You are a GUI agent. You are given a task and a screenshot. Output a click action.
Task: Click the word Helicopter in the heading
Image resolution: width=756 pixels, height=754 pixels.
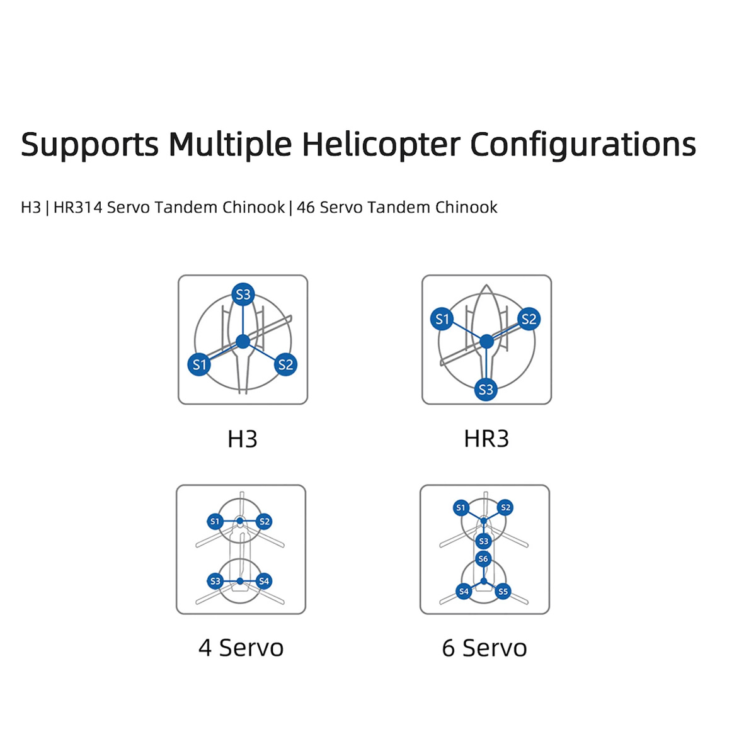click(x=381, y=145)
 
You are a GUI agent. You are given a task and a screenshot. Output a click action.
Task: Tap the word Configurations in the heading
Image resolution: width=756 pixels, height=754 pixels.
click(x=583, y=145)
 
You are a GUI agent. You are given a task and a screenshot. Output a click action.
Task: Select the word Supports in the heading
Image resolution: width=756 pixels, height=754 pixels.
click(x=89, y=145)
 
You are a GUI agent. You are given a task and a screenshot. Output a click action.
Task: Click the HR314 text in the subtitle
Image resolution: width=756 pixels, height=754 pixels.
click(x=77, y=207)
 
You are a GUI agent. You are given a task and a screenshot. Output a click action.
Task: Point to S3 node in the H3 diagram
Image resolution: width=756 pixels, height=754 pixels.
click(x=243, y=294)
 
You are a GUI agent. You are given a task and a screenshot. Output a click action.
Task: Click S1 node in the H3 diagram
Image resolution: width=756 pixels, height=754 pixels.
click(x=199, y=364)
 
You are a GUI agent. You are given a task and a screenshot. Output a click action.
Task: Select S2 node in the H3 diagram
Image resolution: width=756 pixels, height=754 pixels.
click(x=286, y=364)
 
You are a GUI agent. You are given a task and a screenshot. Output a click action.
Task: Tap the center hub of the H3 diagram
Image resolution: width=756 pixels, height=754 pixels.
click(x=243, y=342)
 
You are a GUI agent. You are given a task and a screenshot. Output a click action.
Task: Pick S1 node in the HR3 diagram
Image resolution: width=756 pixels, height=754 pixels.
click(x=442, y=319)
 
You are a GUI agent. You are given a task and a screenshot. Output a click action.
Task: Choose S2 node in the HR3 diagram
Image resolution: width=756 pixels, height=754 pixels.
click(x=529, y=319)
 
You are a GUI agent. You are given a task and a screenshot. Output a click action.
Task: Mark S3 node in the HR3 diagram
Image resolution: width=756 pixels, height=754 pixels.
click(x=486, y=390)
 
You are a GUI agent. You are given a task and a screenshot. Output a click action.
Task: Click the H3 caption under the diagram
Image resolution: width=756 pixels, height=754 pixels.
click(x=243, y=439)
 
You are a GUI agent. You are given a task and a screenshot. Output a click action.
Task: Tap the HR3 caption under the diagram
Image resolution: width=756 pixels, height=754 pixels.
click(x=486, y=439)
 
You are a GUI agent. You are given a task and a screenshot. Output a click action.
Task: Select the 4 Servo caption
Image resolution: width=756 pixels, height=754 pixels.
click(x=241, y=648)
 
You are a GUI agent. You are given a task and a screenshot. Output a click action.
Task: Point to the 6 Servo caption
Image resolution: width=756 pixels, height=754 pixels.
click(x=484, y=648)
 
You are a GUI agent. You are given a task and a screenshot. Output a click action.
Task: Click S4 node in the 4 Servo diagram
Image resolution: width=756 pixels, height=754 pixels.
click(x=264, y=581)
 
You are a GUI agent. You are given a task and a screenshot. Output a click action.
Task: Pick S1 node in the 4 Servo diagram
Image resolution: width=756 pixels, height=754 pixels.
click(x=215, y=521)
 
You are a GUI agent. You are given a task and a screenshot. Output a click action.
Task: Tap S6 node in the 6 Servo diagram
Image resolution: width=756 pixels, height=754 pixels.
click(x=483, y=559)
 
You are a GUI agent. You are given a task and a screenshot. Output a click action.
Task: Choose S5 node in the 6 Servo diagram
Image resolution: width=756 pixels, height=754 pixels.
click(x=503, y=592)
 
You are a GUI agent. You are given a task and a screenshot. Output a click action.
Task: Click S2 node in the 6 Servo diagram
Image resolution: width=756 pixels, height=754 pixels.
click(x=505, y=507)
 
